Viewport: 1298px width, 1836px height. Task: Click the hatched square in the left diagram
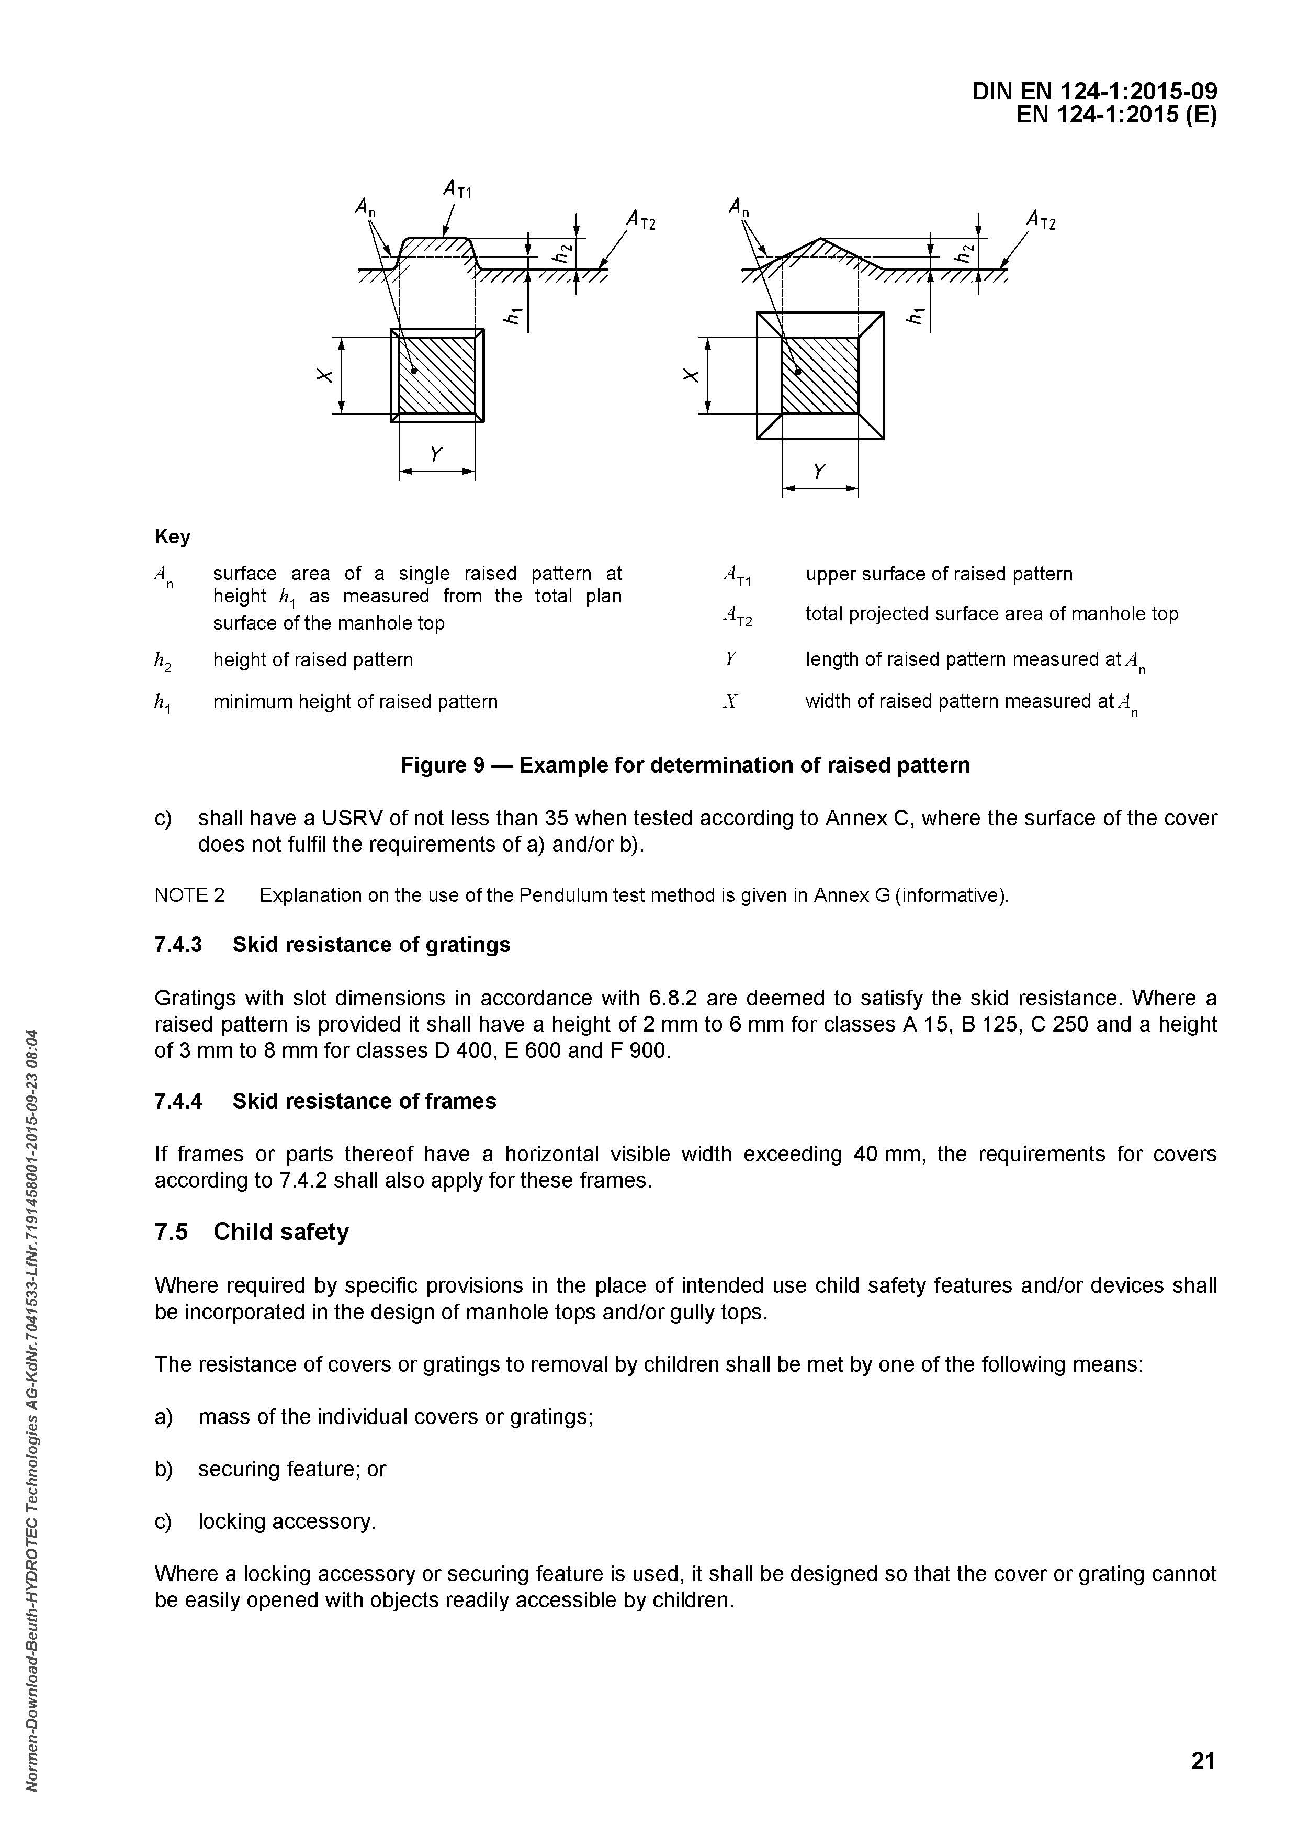(437, 375)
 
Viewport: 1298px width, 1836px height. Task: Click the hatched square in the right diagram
(820, 375)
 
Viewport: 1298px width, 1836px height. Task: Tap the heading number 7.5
(171, 1232)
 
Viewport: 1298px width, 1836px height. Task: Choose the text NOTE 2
(189, 895)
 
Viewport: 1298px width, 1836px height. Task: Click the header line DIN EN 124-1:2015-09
(1094, 92)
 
